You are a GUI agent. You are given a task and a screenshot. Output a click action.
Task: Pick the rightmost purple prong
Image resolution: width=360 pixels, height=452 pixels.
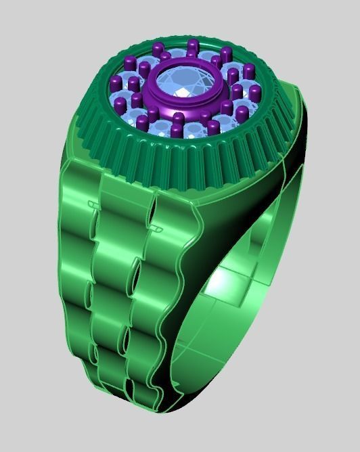[x=254, y=93]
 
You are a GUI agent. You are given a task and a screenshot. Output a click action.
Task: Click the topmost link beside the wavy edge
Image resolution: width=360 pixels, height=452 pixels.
[x=173, y=220]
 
